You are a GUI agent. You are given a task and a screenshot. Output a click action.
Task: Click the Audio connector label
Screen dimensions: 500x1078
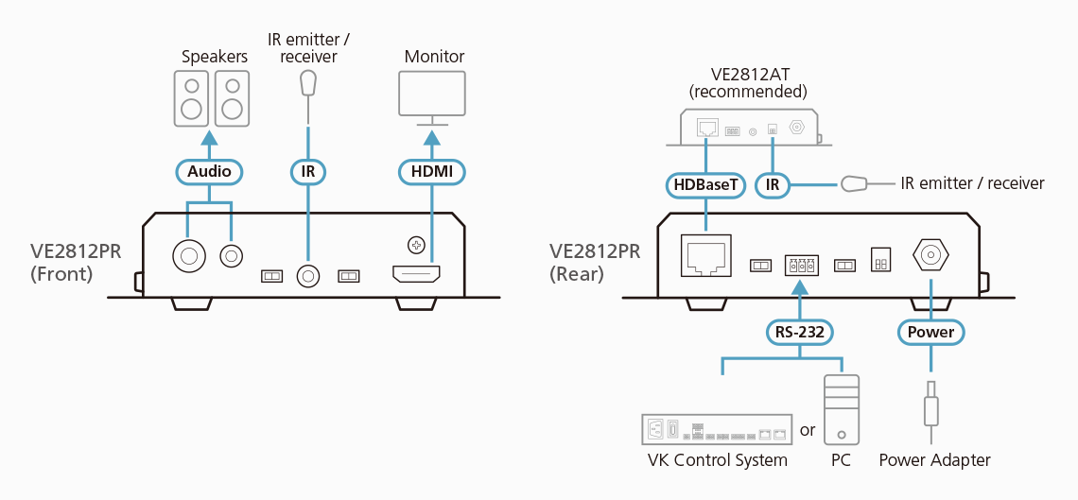point(209,171)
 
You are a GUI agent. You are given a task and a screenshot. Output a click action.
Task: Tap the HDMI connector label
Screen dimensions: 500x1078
point(431,171)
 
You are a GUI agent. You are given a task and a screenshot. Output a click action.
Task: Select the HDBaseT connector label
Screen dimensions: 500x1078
point(704,184)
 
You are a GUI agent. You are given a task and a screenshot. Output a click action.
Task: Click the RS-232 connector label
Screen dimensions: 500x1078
point(799,332)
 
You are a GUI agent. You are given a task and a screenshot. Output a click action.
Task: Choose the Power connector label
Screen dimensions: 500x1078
point(930,332)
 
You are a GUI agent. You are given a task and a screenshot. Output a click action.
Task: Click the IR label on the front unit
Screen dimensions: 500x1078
point(307,171)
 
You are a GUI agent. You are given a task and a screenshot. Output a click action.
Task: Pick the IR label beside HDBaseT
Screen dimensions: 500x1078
point(773,184)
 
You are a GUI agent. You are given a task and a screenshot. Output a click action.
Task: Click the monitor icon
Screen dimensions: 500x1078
point(431,98)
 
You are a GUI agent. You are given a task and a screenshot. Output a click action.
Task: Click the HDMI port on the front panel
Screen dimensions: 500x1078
point(416,276)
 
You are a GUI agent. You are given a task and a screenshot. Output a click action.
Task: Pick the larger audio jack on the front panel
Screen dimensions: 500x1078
point(187,255)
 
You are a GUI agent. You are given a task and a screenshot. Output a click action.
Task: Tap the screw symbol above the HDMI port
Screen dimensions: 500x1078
point(414,246)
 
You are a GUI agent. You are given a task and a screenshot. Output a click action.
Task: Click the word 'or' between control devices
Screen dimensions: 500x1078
point(808,430)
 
